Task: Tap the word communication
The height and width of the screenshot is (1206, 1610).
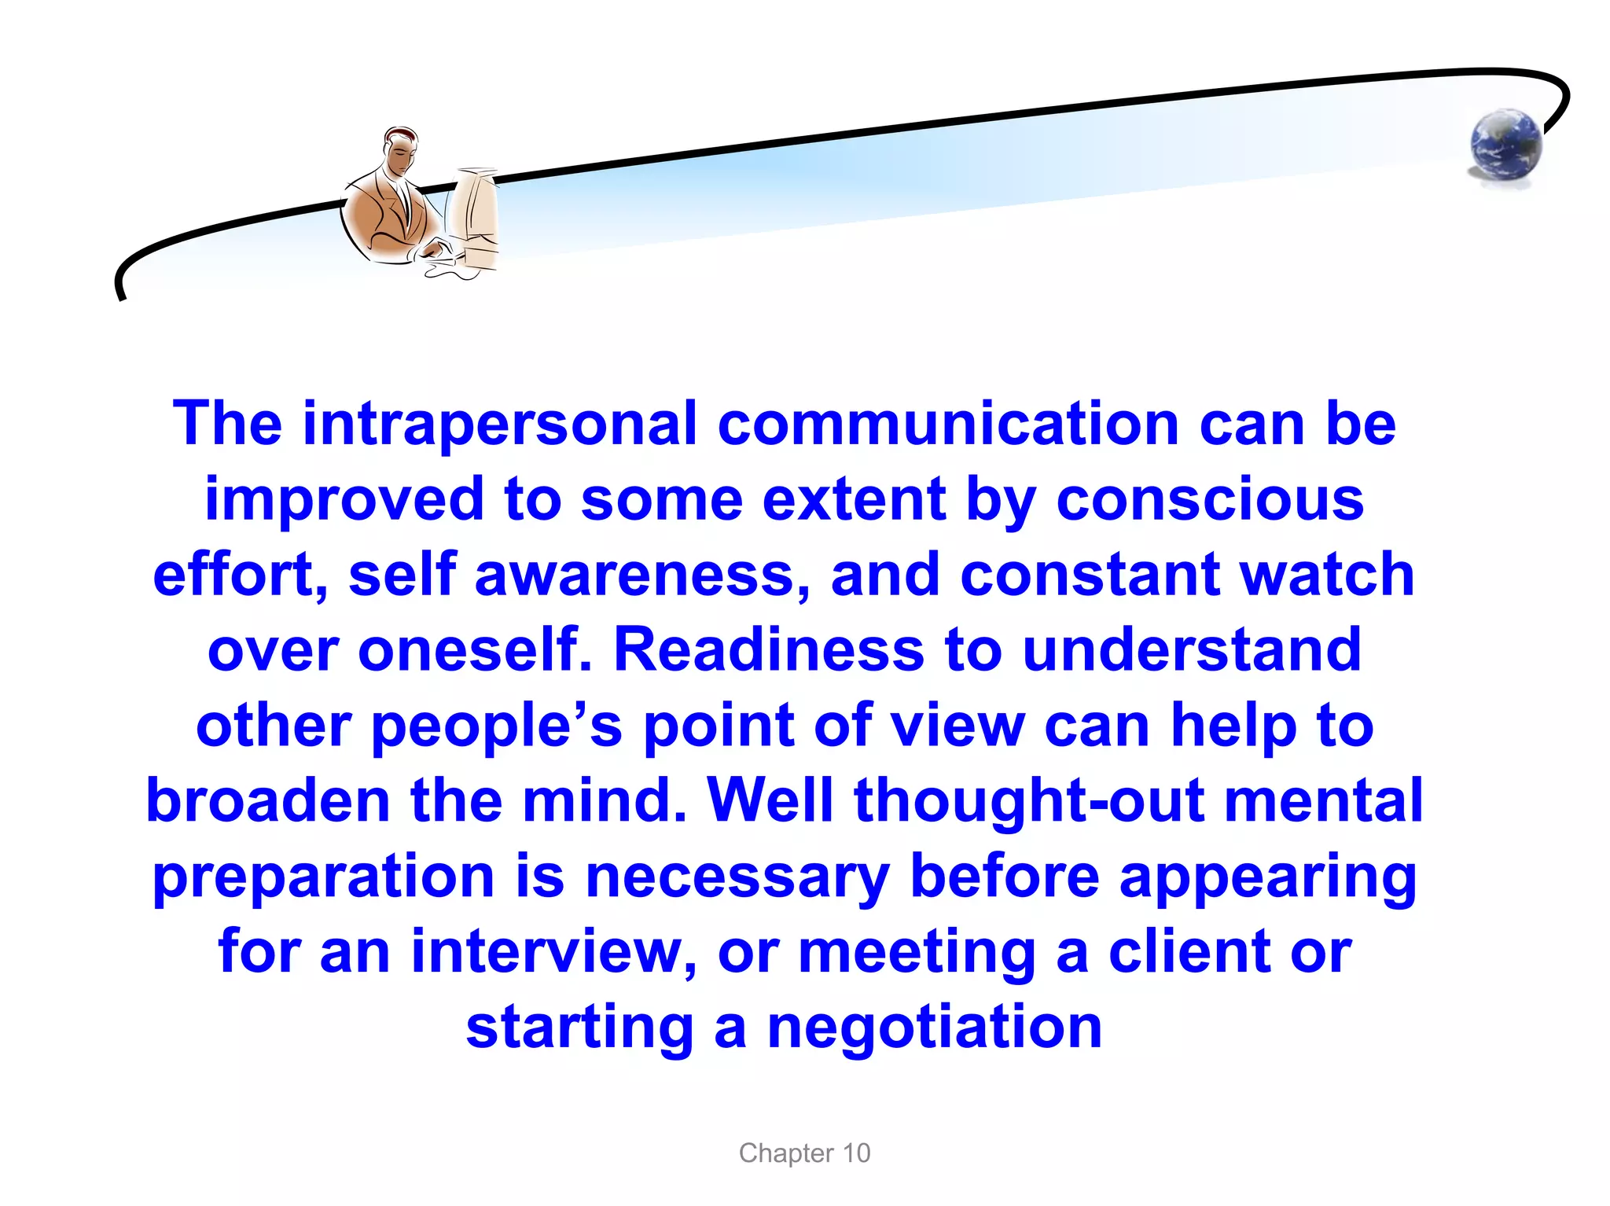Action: tap(947, 425)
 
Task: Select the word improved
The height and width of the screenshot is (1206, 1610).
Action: tap(344, 500)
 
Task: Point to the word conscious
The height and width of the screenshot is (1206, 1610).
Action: tap(1210, 500)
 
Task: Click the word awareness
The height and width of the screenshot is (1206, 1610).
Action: tap(642, 575)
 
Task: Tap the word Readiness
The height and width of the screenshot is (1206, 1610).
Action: tap(768, 650)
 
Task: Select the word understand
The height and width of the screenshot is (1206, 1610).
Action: tap(1192, 650)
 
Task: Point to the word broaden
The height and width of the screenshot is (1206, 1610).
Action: tap(268, 800)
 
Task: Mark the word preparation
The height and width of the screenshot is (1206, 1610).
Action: tap(323, 877)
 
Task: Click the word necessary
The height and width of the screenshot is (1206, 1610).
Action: tap(737, 877)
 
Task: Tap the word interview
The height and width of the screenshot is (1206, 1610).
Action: tap(553, 952)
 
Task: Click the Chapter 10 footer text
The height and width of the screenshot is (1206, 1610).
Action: tap(804, 1153)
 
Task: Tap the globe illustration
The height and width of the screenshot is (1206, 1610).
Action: tap(1505, 145)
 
